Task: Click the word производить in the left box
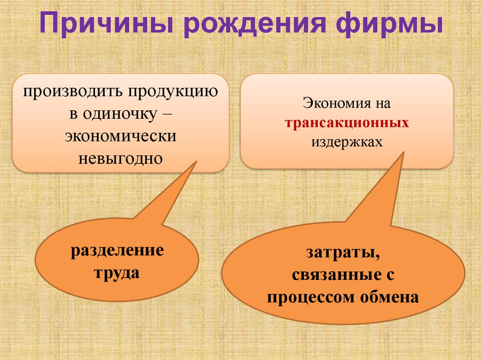click(x=72, y=92)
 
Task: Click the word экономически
click(x=121, y=136)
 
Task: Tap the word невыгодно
click(x=121, y=158)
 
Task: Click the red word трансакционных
click(x=347, y=123)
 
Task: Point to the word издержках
click(x=347, y=141)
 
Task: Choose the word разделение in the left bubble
click(x=117, y=250)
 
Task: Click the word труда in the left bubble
click(x=117, y=273)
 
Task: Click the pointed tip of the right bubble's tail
click(x=403, y=153)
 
